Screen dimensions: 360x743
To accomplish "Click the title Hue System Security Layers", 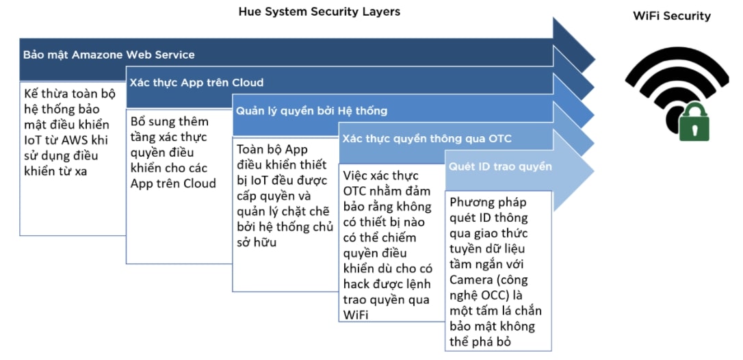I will tap(319, 12).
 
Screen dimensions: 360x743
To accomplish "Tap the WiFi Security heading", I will tap(672, 16).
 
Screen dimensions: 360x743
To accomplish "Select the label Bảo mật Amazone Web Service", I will tap(109, 55).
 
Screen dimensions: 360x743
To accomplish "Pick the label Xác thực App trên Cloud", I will tap(196, 83).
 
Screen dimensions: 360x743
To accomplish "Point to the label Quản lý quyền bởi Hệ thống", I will tap(311, 111).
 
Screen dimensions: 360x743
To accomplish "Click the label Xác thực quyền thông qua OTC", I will tap(427, 139).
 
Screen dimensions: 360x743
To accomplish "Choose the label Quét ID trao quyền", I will tap(500, 166).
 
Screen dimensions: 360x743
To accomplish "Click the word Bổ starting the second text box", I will tap(140, 121).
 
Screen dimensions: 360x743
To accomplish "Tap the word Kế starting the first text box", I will tap(31, 94).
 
